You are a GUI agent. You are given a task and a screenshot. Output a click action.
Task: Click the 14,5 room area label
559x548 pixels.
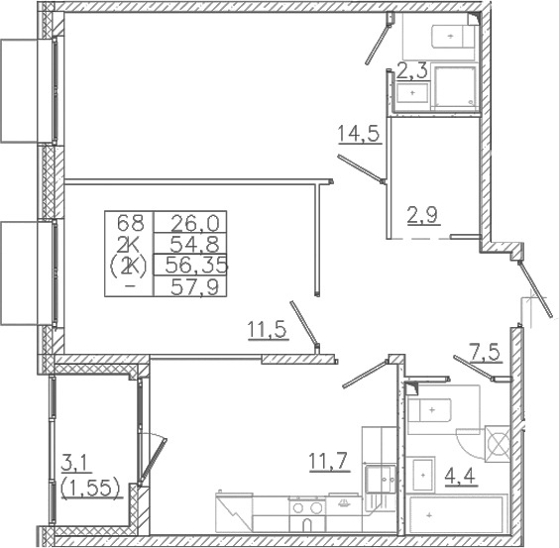pos(360,134)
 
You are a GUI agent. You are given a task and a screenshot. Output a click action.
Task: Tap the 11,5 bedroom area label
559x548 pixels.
pos(268,330)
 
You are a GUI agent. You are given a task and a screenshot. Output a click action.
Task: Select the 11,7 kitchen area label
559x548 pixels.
pos(329,462)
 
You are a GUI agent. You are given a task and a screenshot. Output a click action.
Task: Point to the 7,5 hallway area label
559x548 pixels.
pos(487,354)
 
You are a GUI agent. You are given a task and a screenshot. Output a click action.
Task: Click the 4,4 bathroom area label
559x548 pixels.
pos(460,476)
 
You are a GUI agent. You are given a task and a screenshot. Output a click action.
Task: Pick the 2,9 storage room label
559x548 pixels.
pos(424,215)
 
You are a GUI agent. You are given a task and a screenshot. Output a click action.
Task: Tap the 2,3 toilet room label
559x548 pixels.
pos(411,71)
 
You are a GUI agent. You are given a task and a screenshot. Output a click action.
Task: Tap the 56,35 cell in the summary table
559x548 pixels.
pos(196,265)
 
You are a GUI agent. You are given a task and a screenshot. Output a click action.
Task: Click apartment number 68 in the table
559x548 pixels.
pos(131,223)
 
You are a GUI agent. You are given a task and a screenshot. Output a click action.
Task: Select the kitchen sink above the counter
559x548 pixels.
pos(382,479)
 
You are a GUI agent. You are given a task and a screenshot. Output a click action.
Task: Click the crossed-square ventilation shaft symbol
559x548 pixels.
pos(499,444)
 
